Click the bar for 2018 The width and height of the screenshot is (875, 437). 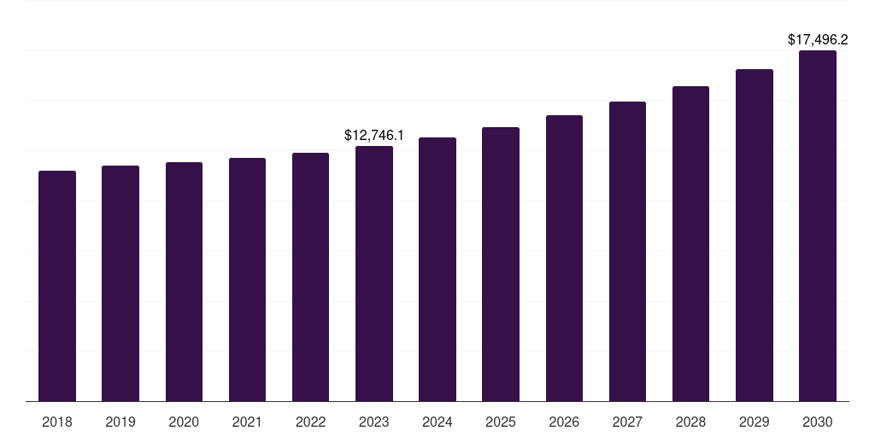tap(57, 286)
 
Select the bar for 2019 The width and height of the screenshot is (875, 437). tap(120, 283)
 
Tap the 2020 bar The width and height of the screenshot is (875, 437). tap(184, 282)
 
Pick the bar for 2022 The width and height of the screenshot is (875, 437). tap(310, 277)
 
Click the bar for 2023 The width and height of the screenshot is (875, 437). tap(374, 273)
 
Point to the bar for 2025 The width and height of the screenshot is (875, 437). tap(501, 264)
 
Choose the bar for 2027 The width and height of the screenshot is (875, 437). tap(627, 251)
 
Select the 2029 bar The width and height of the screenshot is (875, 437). tap(755, 235)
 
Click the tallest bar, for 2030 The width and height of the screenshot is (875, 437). tap(818, 225)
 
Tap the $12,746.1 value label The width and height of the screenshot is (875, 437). tap(374, 135)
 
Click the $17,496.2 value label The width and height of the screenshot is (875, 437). tap(818, 39)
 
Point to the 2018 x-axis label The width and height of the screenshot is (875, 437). tap(57, 422)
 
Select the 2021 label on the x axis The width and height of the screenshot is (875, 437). tap(247, 422)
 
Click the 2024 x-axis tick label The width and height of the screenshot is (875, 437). tap(437, 422)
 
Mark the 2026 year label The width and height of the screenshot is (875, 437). tap(564, 422)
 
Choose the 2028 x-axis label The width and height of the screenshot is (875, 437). tap(690, 422)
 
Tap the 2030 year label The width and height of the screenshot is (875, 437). tap(818, 422)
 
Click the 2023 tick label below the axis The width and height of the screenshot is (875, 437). tap(374, 422)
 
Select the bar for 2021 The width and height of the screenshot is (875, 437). tap(247, 279)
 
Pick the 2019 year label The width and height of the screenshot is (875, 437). tap(120, 422)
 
